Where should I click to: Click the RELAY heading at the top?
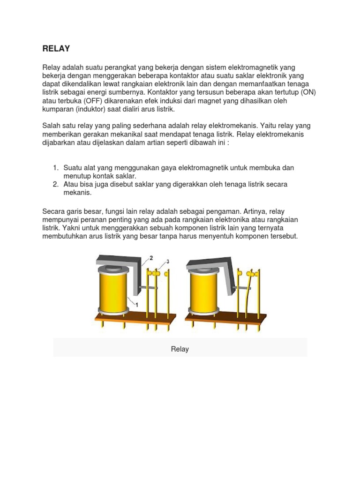56,48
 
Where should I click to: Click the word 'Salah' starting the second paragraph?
52,126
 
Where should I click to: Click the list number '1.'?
56,167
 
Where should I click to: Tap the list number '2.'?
56,184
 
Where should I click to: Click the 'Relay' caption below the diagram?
180,349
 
